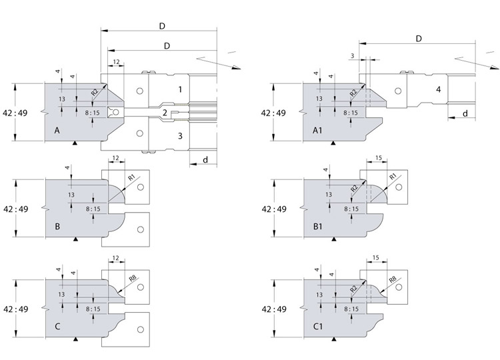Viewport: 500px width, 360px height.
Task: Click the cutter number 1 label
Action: pos(180,89)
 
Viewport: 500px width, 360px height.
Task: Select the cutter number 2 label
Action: pos(165,113)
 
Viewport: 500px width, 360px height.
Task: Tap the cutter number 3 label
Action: pos(180,136)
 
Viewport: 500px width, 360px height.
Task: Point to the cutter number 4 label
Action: pos(439,89)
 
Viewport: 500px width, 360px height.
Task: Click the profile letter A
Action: pos(57,131)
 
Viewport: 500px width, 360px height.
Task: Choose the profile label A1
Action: pos(317,131)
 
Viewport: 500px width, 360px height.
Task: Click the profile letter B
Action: pos(57,227)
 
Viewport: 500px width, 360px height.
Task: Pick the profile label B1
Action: pos(318,227)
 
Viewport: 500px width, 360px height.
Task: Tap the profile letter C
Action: pos(57,327)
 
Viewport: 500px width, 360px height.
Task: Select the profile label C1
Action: pos(318,327)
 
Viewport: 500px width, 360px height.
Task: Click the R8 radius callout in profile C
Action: pos(133,279)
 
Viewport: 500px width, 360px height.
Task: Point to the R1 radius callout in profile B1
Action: pos(393,176)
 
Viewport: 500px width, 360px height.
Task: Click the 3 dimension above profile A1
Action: pos(353,56)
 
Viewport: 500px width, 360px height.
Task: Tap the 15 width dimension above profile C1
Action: pos(375,257)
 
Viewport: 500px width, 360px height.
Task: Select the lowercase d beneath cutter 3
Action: pos(205,159)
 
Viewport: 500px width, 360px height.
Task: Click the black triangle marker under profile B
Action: pos(75,239)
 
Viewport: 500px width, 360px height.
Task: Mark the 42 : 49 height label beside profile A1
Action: pos(273,113)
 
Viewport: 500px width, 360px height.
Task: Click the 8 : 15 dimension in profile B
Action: pos(93,209)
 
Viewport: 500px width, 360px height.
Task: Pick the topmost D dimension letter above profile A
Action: pos(162,26)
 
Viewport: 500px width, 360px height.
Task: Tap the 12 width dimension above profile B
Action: pos(116,158)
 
